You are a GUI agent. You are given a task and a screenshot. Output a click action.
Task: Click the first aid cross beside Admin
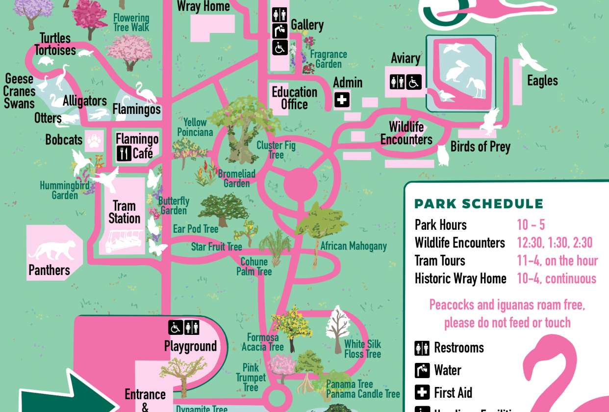(x=342, y=100)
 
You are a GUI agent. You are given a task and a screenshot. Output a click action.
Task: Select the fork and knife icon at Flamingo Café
(x=124, y=154)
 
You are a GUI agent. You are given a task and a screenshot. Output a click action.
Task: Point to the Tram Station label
(x=124, y=212)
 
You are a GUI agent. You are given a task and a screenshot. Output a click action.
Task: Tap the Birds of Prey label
(x=480, y=147)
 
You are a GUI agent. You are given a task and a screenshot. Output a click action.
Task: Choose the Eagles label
(x=542, y=81)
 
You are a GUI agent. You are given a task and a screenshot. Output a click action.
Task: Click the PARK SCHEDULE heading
(x=479, y=204)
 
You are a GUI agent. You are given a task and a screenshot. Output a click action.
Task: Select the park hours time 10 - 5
(x=531, y=225)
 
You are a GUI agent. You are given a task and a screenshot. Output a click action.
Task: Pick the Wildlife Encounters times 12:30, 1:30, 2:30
(x=555, y=243)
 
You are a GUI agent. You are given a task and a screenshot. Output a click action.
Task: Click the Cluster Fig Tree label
(x=276, y=150)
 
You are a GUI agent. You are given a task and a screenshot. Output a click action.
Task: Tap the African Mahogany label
(x=353, y=246)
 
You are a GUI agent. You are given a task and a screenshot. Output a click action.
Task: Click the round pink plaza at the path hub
(x=301, y=185)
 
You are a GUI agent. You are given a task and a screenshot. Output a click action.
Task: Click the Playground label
(x=190, y=346)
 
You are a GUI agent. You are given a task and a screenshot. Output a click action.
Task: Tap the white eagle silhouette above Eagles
(x=531, y=57)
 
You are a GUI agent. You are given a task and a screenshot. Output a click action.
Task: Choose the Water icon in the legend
(x=422, y=370)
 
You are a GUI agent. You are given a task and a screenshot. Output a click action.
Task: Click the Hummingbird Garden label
(x=65, y=190)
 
